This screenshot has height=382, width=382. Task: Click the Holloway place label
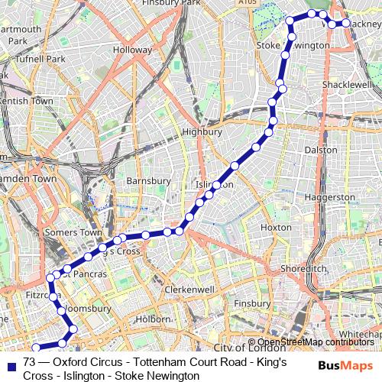click(x=133, y=50)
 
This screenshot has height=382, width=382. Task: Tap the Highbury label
click(x=202, y=131)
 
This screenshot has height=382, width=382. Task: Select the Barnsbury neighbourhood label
click(x=148, y=181)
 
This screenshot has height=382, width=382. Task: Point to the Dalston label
click(x=321, y=150)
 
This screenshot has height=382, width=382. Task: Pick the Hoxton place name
click(x=276, y=228)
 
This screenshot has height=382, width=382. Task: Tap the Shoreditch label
click(x=303, y=269)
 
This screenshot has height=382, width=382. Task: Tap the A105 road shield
click(x=247, y=4)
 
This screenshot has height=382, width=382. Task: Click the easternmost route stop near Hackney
click(x=345, y=24)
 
